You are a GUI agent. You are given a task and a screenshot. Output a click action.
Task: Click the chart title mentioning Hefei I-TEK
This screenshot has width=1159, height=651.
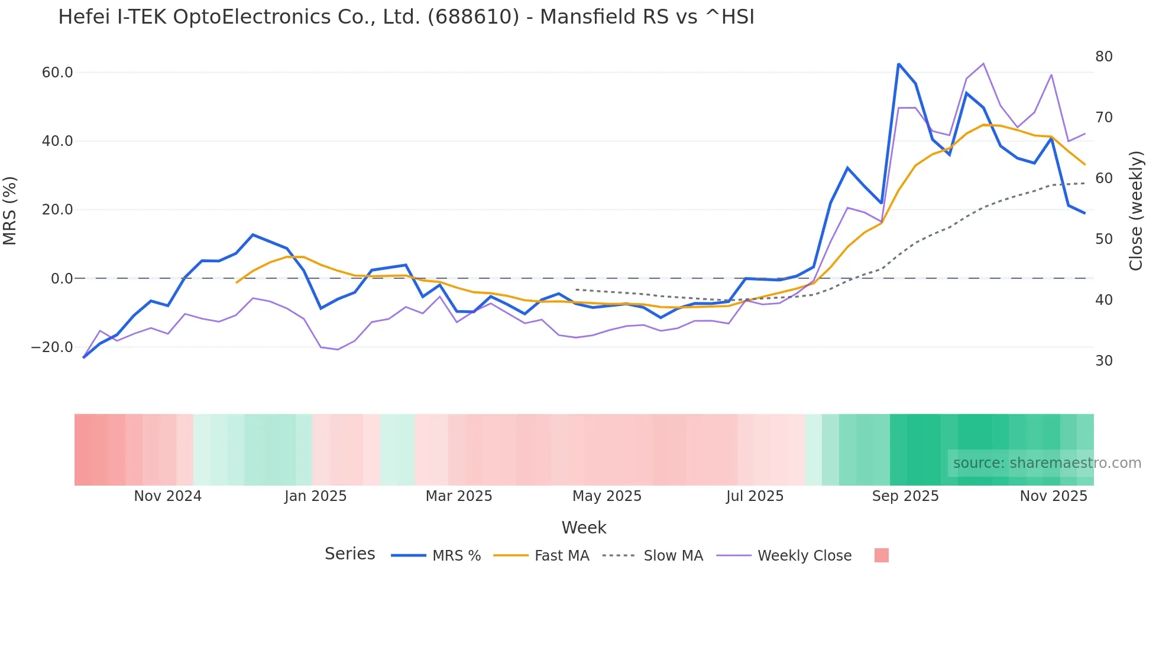tap(406, 17)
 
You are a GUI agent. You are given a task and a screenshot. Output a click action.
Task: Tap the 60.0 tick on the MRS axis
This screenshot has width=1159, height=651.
tap(57, 73)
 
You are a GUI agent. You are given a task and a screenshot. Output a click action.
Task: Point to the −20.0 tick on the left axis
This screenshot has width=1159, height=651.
tap(52, 347)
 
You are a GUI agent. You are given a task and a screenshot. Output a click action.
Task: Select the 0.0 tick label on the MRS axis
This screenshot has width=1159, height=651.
tap(61, 279)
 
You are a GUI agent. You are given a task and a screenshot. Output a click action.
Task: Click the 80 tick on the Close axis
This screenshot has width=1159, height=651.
tap(1103, 57)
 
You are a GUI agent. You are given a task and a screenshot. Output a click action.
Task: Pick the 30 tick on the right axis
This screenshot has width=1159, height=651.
tap(1103, 361)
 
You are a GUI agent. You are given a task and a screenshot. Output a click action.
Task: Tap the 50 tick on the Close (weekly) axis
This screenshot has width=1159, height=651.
tap(1103, 239)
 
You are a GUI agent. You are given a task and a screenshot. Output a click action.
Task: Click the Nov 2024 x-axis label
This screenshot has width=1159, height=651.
tap(167, 496)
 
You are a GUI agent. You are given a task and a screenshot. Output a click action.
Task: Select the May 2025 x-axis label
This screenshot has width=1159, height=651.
tap(607, 496)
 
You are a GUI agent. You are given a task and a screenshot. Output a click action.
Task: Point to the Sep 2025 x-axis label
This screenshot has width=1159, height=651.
tap(905, 496)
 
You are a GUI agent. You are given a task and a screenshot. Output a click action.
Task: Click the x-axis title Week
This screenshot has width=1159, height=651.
tap(584, 528)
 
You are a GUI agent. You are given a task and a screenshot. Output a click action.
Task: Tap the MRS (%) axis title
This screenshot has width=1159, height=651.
tap(10, 210)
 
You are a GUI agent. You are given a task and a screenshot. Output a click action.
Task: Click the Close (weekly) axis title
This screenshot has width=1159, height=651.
tap(1136, 210)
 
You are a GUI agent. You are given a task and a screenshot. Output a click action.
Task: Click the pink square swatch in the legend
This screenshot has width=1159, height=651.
tap(881, 555)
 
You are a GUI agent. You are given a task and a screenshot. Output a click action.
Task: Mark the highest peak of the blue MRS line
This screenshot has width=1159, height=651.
tap(898, 64)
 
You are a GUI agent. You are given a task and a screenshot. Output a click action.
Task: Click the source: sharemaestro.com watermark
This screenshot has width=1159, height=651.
tap(1047, 463)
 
